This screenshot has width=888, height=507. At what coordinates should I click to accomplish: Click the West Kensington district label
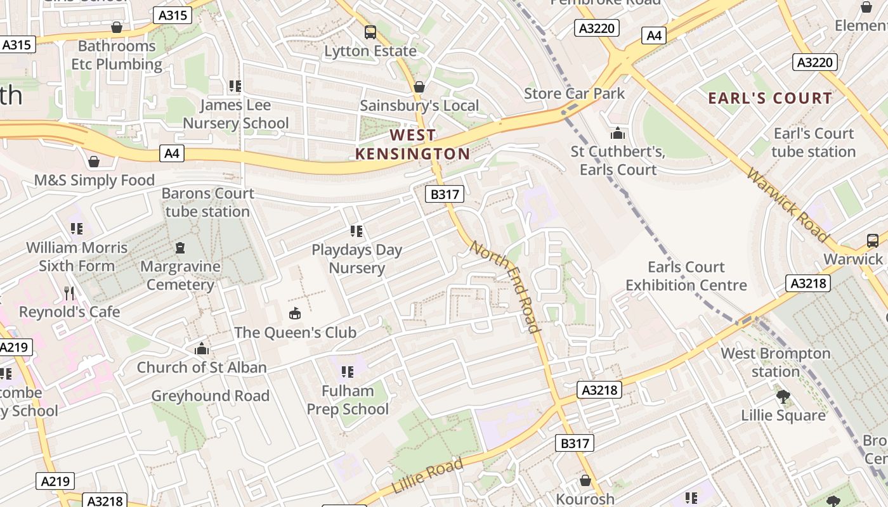click(412, 144)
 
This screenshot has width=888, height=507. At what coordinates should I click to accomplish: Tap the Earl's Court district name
click(769, 98)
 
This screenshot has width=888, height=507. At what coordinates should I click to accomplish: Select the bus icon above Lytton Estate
click(370, 32)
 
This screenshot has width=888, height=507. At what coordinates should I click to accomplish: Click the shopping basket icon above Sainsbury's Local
click(419, 87)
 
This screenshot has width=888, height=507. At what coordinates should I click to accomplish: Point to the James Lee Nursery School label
click(235, 114)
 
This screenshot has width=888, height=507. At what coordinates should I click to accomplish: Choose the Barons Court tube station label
click(207, 202)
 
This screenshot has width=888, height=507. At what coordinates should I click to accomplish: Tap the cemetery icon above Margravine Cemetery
click(180, 247)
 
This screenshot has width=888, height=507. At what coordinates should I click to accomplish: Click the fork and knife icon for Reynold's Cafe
click(69, 293)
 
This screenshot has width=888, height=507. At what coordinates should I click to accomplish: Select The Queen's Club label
click(295, 332)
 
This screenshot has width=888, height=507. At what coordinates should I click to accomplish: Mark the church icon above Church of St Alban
click(202, 349)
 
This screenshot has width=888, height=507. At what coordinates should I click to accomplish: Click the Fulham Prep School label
click(348, 400)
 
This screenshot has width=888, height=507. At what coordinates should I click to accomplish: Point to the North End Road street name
click(506, 286)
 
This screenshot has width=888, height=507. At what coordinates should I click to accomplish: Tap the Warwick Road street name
click(787, 204)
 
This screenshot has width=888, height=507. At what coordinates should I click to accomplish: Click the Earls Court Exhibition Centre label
click(686, 276)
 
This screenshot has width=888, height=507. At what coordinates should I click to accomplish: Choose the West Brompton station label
click(775, 362)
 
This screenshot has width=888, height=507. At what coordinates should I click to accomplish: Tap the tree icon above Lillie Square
click(783, 397)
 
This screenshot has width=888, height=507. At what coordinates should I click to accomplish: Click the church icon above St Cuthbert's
click(617, 133)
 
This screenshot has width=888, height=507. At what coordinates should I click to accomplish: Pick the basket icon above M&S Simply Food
click(94, 162)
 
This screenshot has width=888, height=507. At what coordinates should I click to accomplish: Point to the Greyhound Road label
click(210, 396)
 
